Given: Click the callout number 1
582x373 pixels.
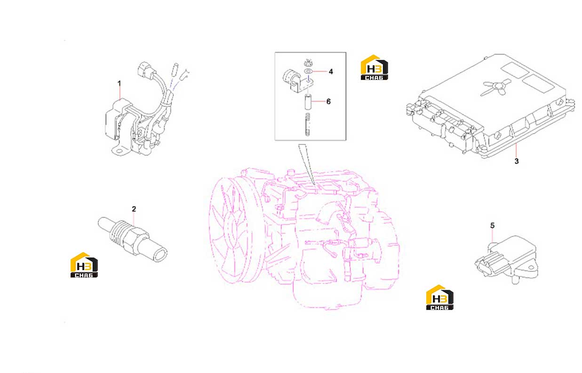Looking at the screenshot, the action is pyautogui.click(x=119, y=83).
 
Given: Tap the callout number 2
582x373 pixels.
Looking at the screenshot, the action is pyautogui.click(x=134, y=209).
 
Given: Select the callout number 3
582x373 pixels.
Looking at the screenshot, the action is pyautogui.click(x=517, y=161).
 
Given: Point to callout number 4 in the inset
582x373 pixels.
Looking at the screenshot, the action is pyautogui.click(x=331, y=71).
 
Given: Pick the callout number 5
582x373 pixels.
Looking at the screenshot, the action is pyautogui.click(x=492, y=225).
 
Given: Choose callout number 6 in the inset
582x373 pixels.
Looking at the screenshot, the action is pyautogui.click(x=328, y=101).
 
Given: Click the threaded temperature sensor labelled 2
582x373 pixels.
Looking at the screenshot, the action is pyautogui.click(x=133, y=239).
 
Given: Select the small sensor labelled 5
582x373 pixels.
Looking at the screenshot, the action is pyautogui.click(x=506, y=260).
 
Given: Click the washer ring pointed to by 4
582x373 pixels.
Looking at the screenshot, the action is pyautogui.click(x=308, y=71).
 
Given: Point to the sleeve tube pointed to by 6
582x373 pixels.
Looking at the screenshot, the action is pyautogui.click(x=308, y=102).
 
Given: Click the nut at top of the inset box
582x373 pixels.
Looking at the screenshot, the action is pyautogui.click(x=308, y=63).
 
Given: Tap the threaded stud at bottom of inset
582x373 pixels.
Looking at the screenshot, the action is pyautogui.click(x=308, y=124).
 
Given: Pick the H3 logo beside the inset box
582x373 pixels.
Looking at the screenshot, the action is pyautogui.click(x=374, y=67).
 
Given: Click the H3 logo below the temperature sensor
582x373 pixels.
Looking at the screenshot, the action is pyautogui.click(x=84, y=265).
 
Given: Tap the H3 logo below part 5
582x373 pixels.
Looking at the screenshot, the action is pyautogui.click(x=439, y=297).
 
